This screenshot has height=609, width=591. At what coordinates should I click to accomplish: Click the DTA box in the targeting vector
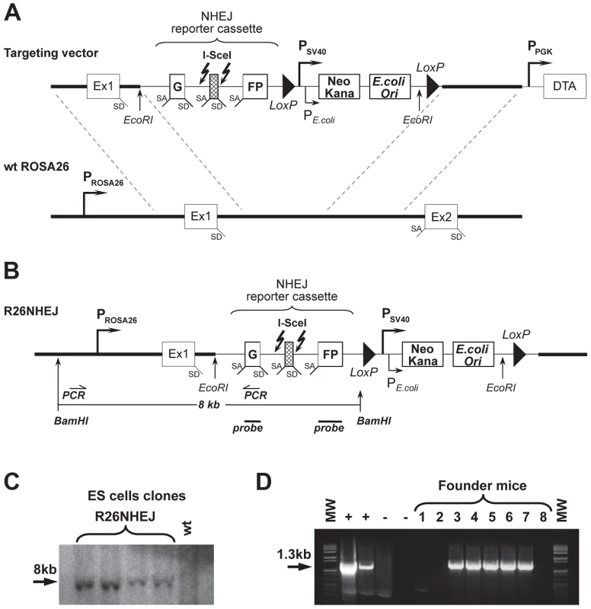coord(564,86)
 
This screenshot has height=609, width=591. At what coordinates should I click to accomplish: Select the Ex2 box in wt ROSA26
coord(441,216)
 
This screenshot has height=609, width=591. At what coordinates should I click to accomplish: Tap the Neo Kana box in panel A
coord(339,87)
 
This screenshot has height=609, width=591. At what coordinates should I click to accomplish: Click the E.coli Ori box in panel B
coord(473,355)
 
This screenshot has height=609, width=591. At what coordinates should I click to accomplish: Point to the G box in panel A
coord(177,86)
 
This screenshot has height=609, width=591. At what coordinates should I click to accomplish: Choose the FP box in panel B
coord(331,354)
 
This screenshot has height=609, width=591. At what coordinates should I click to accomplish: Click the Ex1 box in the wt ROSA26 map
coord(200,216)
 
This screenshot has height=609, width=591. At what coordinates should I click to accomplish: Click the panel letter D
coord(264,481)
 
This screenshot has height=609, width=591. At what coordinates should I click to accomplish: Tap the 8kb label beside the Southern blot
coord(45,569)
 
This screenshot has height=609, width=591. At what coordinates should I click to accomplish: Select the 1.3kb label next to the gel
coord(294,554)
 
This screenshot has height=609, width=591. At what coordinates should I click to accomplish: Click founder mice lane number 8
coord(543,517)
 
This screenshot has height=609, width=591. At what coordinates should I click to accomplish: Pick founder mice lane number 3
coord(457,517)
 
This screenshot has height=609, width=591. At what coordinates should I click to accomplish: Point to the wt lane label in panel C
coord(187,528)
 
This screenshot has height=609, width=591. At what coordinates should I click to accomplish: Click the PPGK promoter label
coord(540,48)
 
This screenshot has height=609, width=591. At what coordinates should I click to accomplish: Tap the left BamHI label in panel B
coord(71,421)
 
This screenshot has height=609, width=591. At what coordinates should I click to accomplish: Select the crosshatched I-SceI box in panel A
coord(214,87)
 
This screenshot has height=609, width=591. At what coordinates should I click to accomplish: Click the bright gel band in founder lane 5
coord(491,566)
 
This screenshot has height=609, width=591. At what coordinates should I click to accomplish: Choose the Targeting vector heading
coord(51,53)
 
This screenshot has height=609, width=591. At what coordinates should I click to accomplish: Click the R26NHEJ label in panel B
coord(31,311)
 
